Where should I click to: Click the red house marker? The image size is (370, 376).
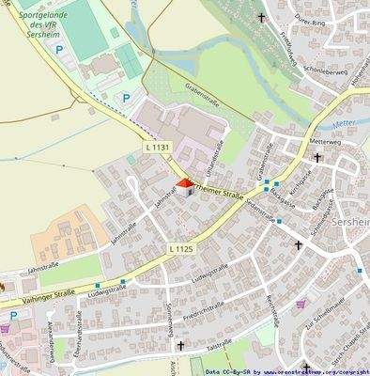(185, 186)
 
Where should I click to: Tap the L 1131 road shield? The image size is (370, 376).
(159, 149)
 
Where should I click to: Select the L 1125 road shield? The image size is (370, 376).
(181, 248)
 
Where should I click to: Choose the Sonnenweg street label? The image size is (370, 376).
(170, 320)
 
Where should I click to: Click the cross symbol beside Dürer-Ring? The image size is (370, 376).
(262, 17)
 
